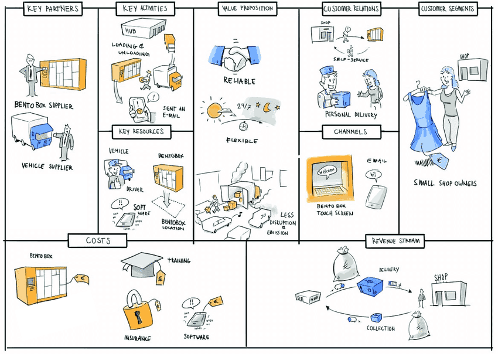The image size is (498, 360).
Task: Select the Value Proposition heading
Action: pyautogui.click(x=247, y=9)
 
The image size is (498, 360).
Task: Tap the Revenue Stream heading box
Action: pyautogui.click(x=395, y=241)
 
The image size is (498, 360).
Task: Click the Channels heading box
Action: pyautogui.click(x=350, y=132)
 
